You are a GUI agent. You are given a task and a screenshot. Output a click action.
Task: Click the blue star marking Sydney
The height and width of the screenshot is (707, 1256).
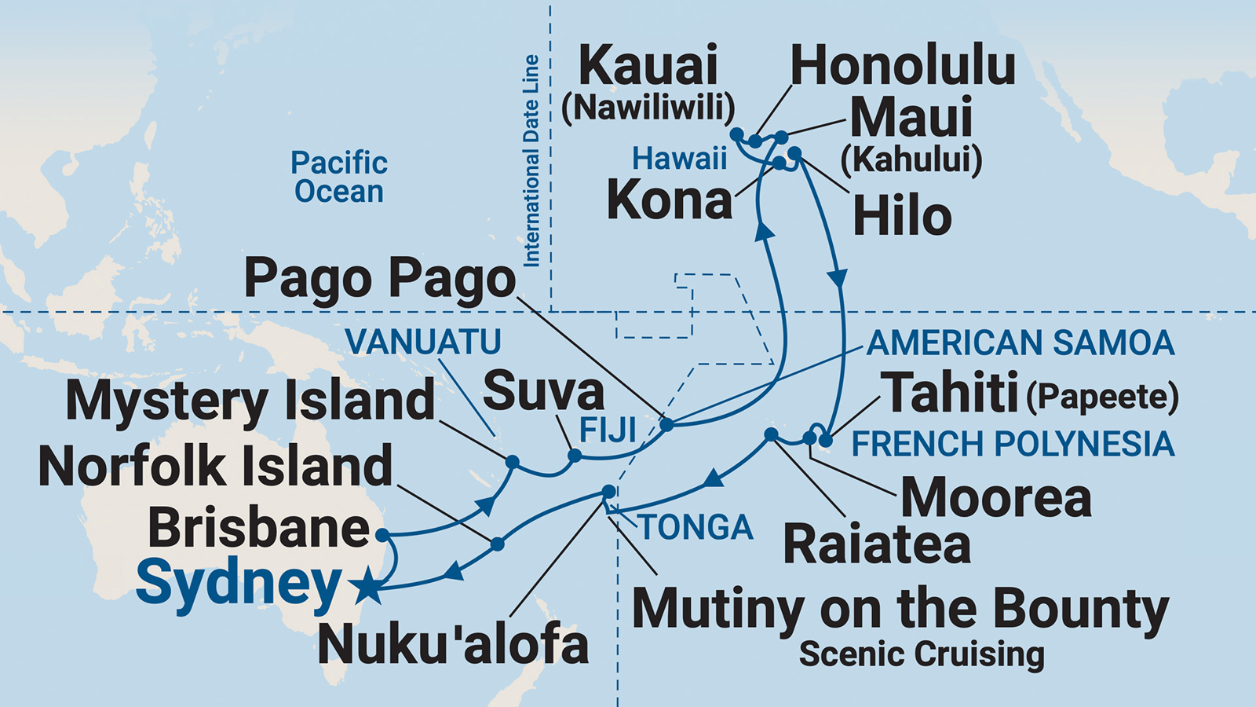367,586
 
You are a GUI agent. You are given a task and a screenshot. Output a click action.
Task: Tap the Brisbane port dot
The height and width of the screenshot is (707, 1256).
382,535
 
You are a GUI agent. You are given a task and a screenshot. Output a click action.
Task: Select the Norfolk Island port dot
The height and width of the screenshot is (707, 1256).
497,543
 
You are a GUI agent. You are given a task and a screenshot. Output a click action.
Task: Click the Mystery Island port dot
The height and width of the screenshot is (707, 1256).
512,462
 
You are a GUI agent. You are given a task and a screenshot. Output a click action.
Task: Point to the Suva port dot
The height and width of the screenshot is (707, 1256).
575,456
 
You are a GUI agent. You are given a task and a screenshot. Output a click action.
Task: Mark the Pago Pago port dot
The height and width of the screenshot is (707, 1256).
666,425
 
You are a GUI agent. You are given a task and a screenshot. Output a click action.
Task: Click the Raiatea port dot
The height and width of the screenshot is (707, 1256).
771,434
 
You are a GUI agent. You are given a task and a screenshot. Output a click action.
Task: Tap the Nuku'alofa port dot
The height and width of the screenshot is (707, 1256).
608,492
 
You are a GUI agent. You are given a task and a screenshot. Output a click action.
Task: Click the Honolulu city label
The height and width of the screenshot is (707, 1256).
903,66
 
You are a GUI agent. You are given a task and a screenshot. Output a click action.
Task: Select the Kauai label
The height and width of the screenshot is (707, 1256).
648,66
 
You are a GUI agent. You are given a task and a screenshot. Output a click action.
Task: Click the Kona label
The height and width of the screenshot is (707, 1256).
670,200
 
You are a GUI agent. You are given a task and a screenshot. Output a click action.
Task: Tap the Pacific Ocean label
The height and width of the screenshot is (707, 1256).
339,177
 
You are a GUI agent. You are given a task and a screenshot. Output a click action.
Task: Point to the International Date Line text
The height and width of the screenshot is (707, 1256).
531,161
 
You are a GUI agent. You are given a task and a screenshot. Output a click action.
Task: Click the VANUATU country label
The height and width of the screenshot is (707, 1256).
423,342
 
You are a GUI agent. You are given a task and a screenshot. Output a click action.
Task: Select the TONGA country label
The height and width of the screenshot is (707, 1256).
696,527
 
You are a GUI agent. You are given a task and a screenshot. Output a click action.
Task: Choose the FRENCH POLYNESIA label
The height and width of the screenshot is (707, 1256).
1013,445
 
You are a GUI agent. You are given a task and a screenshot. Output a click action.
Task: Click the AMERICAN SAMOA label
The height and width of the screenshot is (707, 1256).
1020,343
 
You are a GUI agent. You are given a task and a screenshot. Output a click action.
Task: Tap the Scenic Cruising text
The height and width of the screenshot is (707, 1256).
922,654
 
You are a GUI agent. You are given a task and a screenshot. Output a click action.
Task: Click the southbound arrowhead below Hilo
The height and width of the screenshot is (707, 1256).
838,277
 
